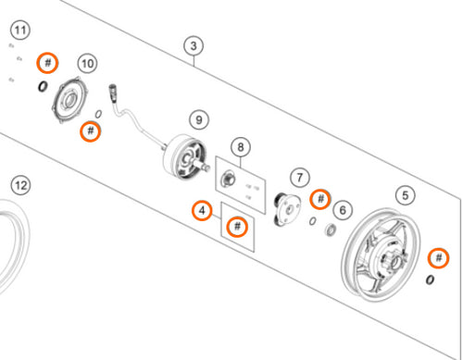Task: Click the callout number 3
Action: (x=193, y=45)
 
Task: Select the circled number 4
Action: (x=200, y=213)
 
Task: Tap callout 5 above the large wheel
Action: (x=405, y=195)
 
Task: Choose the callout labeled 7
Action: (x=298, y=177)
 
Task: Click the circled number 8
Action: (x=241, y=146)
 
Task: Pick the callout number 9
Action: (x=198, y=119)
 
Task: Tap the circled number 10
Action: (x=87, y=63)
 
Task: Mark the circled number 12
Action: (x=21, y=186)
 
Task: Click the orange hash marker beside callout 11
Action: (x=48, y=63)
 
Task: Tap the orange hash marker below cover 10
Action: (x=90, y=130)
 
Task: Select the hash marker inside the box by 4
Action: (x=239, y=226)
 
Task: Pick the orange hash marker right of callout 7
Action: (x=319, y=198)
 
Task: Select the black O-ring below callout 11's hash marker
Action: (x=43, y=87)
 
